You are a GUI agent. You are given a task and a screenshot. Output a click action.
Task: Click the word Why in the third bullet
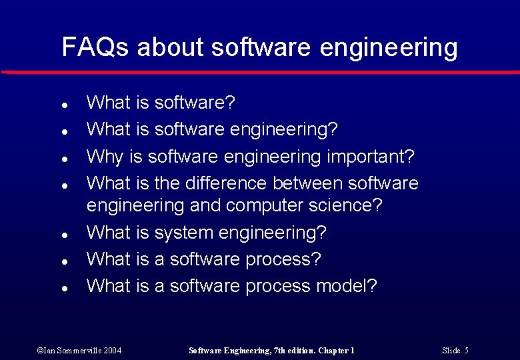point(105,157)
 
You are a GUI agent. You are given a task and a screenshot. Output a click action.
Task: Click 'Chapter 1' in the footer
point(336,350)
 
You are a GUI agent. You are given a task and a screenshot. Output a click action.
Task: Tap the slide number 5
point(466,350)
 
